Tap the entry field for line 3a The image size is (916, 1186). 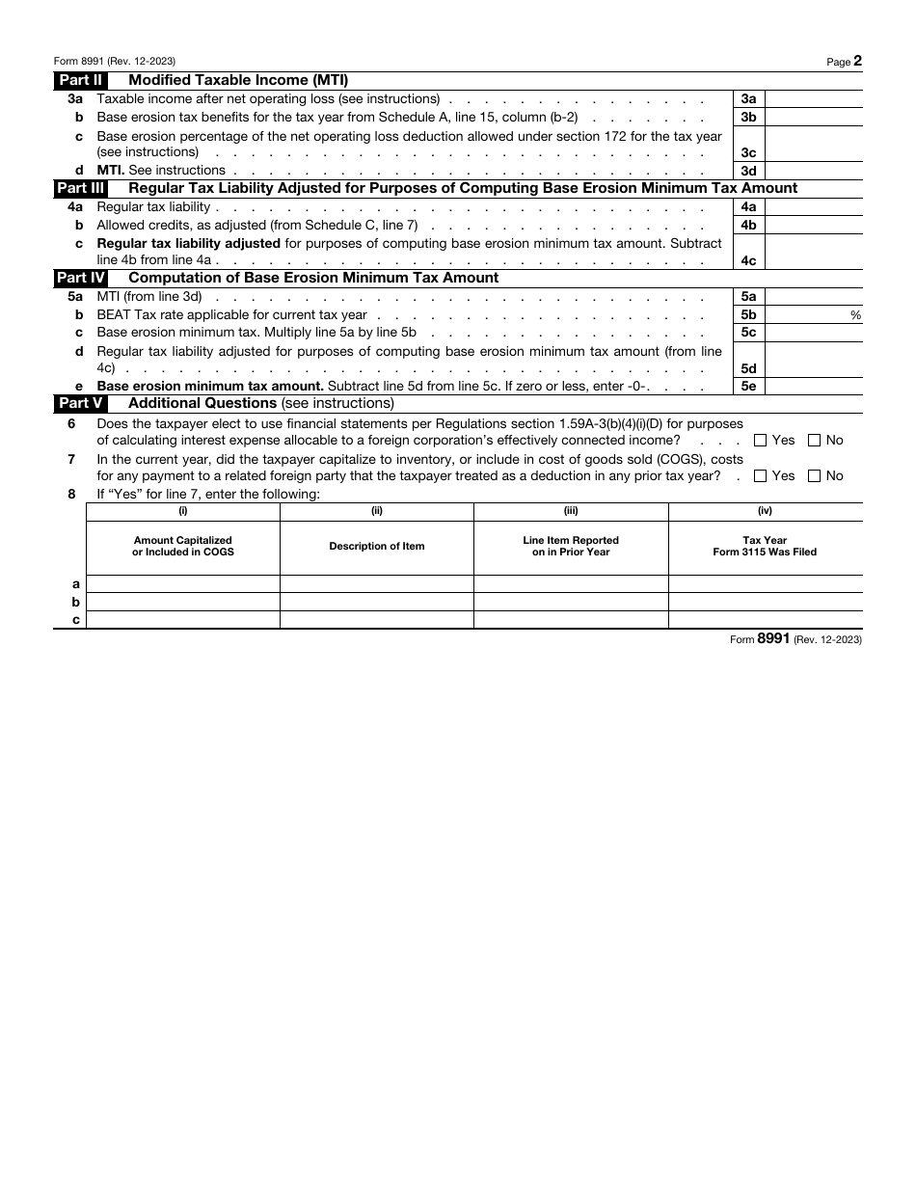(x=814, y=98)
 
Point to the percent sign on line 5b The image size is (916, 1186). (x=855, y=315)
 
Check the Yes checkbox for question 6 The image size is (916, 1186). (x=760, y=441)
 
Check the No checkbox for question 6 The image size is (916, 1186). (x=814, y=441)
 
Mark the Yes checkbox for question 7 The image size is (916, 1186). (x=760, y=476)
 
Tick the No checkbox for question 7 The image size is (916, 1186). (x=814, y=476)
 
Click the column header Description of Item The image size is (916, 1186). (x=376, y=547)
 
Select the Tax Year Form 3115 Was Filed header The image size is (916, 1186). (x=765, y=547)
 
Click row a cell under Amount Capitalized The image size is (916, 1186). (x=183, y=584)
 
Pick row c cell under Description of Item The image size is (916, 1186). (x=376, y=620)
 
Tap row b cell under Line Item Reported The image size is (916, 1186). (x=571, y=603)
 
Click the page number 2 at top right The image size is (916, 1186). (x=857, y=61)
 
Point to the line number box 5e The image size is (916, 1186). (x=748, y=386)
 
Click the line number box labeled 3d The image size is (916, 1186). (x=748, y=171)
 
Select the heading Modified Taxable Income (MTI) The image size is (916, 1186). (x=238, y=81)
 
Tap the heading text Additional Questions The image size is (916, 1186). (x=202, y=403)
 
